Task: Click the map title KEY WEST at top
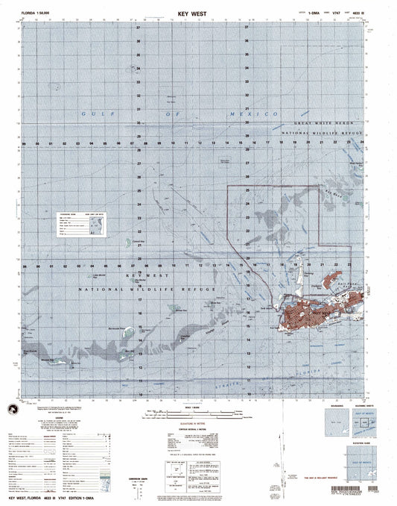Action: (197, 13)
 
